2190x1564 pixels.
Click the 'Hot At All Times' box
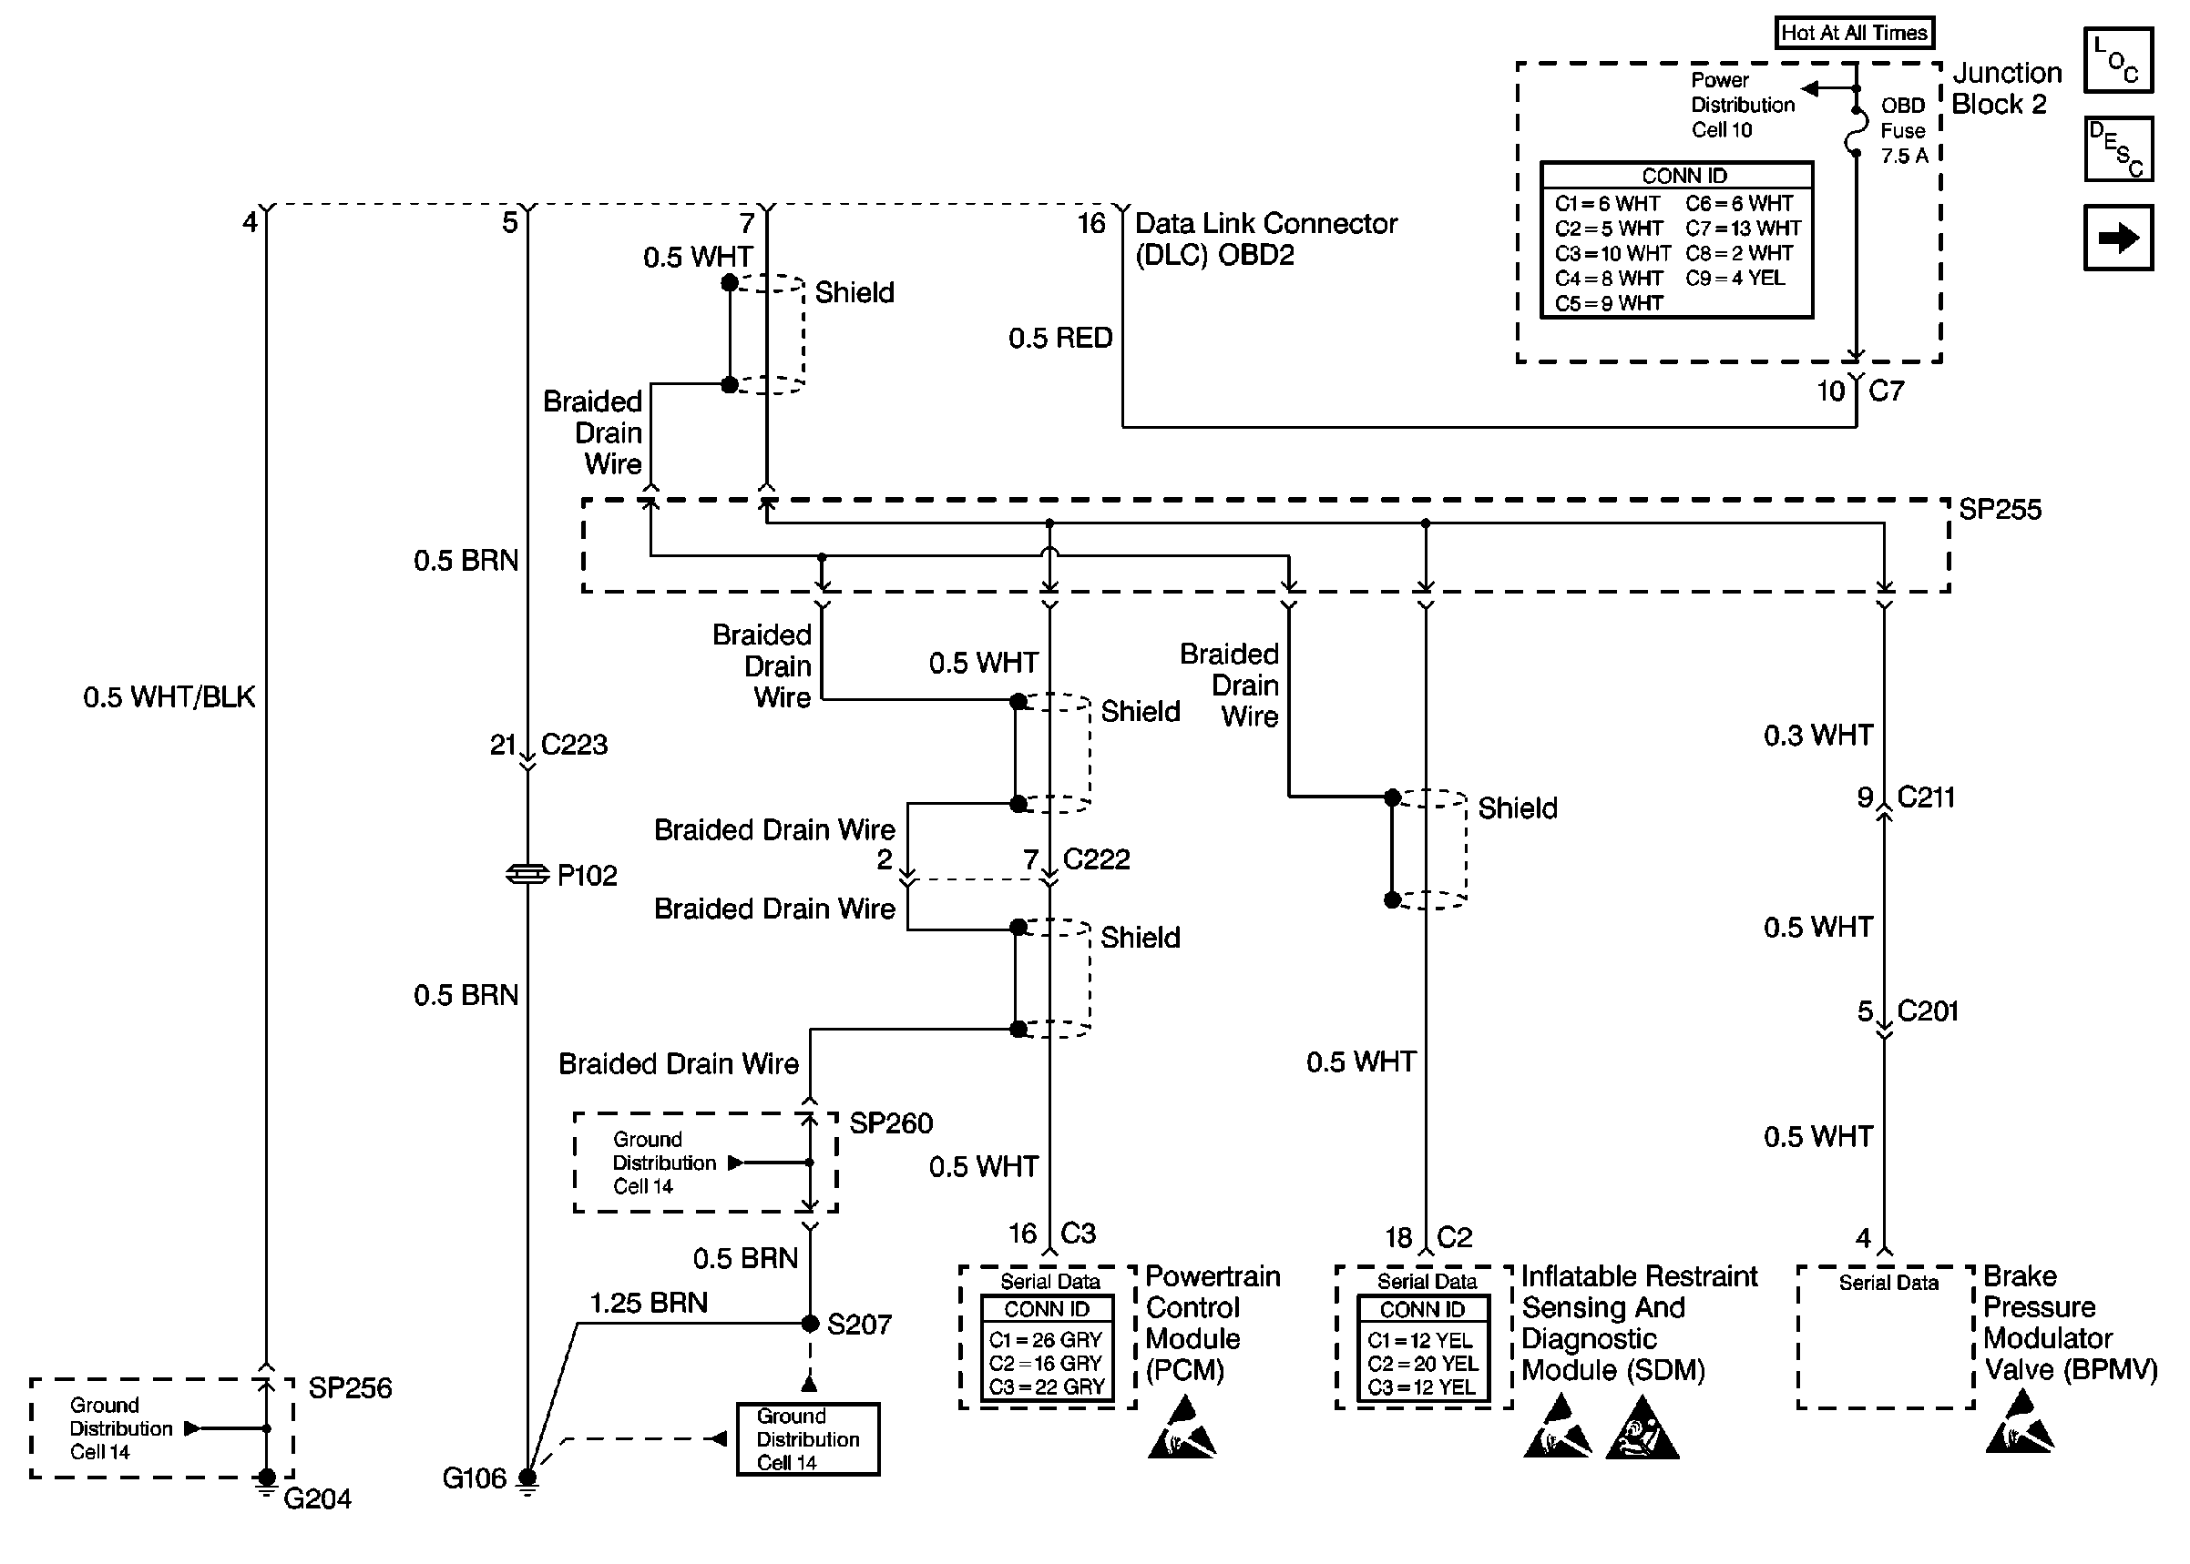tap(1854, 33)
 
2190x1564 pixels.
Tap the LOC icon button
tap(2117, 60)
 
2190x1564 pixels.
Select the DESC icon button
tap(2117, 149)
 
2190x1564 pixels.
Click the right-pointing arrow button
tap(2117, 237)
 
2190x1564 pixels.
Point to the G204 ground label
tap(317, 1498)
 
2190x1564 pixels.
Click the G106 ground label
tap(474, 1478)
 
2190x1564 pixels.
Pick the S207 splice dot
tap(810, 1324)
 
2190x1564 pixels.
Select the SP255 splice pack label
tap(2000, 510)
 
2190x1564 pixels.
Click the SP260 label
tap(890, 1122)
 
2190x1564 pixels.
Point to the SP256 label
tap(350, 1387)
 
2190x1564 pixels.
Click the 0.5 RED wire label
tap(1059, 338)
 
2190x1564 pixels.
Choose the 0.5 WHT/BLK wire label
tap(169, 696)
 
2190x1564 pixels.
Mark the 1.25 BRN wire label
tap(649, 1303)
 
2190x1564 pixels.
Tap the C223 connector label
tap(574, 745)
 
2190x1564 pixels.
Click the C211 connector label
tap(1925, 797)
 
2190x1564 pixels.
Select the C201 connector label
tap(1927, 1011)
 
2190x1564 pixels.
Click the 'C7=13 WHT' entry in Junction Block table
tap(1743, 229)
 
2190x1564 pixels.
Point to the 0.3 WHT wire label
tap(1818, 736)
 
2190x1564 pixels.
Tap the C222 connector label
tap(1096, 859)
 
